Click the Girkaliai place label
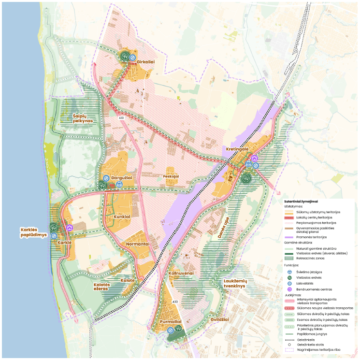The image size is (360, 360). (x=145, y=62)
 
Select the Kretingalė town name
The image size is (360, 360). (x=237, y=149)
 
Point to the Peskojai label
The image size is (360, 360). (x=172, y=177)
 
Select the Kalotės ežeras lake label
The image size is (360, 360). (x=102, y=287)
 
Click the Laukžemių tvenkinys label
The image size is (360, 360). (x=235, y=283)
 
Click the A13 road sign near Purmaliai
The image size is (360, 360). (x=175, y=302)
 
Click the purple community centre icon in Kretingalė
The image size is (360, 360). (x=255, y=158)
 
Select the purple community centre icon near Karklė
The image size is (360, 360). (x=69, y=226)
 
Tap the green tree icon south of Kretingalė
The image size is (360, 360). (x=247, y=178)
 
